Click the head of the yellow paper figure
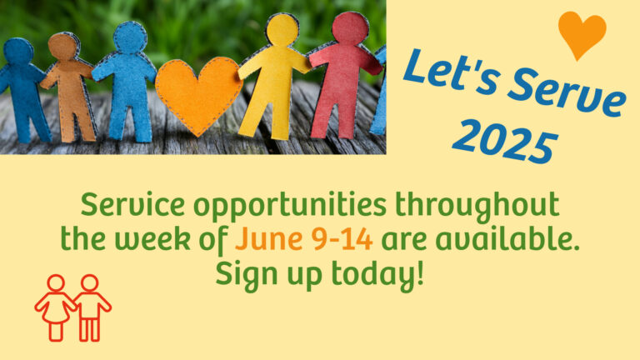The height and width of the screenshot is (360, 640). coord(282,29)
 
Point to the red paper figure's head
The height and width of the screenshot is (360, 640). coord(350,27)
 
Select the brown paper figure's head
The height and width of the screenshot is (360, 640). coord(62,46)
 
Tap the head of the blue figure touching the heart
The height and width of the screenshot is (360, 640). coord(130,37)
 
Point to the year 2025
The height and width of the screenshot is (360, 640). coord(505,142)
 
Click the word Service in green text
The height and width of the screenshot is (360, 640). coord(132,204)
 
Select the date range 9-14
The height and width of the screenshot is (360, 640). coord(342,239)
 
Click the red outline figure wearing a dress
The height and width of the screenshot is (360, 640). coord(56,307)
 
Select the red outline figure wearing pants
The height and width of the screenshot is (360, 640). coord(91,307)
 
